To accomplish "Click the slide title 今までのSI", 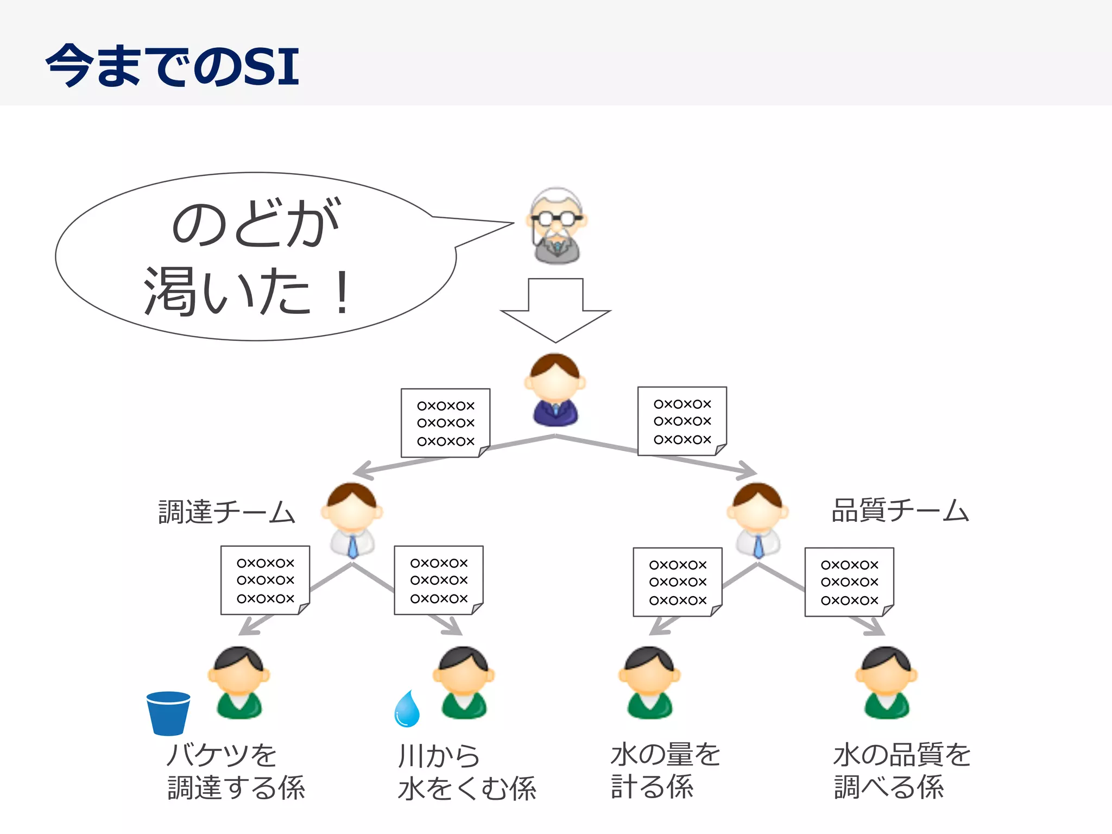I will point(173,66).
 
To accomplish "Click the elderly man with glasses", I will point(556,226).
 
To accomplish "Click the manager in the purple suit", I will point(555,390).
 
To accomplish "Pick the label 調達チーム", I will point(226,512).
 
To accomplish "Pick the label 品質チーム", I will point(900,510).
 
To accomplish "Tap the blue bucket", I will point(168,713).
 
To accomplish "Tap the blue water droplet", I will point(407,709).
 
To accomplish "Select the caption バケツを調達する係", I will point(236,771).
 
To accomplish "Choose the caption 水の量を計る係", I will point(665,770).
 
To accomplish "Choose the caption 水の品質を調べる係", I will point(901,770).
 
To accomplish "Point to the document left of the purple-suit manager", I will point(445,423).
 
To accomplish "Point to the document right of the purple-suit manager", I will point(682,421).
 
